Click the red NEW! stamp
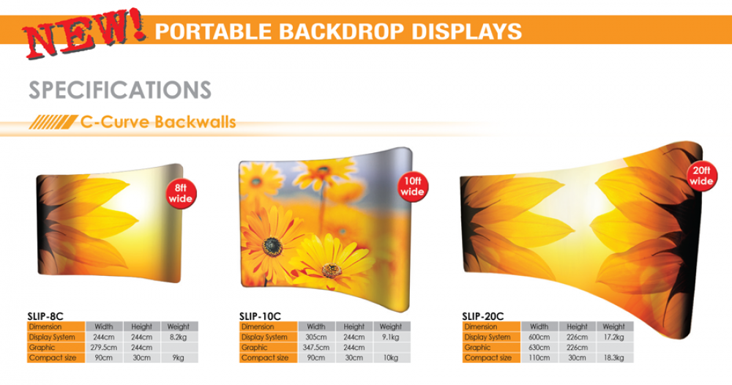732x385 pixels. (84, 33)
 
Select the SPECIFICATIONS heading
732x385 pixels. (120, 90)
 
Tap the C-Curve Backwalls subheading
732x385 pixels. (158, 122)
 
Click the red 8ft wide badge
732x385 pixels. (181, 194)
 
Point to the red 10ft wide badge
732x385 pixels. (413, 187)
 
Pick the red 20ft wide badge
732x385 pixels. (702, 176)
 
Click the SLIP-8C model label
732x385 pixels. (45, 316)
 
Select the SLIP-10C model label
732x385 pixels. (260, 316)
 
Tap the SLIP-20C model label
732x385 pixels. (482, 316)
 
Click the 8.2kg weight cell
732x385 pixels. (179, 337)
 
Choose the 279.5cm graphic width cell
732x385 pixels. (104, 347)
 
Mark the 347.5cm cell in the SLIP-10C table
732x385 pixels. (316, 347)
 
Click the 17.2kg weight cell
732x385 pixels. (614, 337)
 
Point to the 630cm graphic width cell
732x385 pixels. (539, 347)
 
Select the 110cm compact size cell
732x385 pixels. (539, 358)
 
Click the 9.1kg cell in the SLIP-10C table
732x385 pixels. (391, 337)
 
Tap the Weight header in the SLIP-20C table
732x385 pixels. (614, 326)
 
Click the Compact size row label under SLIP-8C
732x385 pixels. (52, 358)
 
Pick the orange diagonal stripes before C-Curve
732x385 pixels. (53, 122)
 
